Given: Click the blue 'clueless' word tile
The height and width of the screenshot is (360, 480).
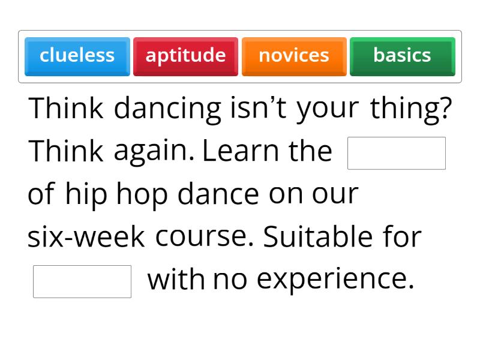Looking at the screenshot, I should coord(77,56).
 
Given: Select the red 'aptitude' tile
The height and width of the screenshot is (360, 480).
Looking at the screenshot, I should coord(185,56).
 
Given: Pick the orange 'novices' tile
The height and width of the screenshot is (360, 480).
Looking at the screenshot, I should coord(294,56).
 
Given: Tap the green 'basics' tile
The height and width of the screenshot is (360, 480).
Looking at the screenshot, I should coord(402,56).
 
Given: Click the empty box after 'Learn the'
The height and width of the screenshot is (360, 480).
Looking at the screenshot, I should coord(397,153).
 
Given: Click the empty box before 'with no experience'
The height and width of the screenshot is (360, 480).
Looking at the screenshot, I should coord(82,281).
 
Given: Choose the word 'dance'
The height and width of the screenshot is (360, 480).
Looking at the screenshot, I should coord(218,194).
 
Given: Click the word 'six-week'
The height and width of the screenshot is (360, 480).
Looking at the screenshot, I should coord(86,237).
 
